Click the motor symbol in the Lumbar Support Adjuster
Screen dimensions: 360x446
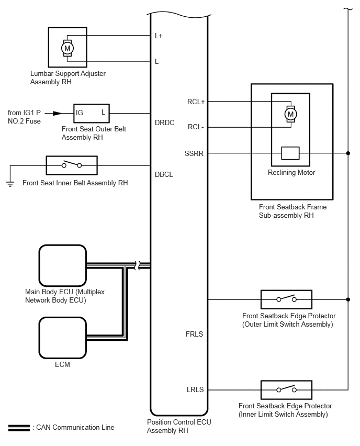(x=67, y=48)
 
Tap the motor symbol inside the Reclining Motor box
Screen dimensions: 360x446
(x=290, y=114)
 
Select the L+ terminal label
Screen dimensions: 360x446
(x=159, y=36)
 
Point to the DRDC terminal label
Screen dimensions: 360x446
(x=165, y=122)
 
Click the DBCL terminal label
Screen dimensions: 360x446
(x=164, y=174)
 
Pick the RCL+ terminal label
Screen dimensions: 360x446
(x=196, y=102)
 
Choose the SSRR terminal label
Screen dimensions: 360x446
(x=194, y=153)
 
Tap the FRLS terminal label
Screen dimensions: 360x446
(x=194, y=334)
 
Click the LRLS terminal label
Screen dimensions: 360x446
(x=195, y=389)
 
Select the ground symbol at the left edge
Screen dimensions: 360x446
(x=10, y=184)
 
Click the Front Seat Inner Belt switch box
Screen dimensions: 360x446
(x=72, y=165)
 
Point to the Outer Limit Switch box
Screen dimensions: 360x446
(x=286, y=299)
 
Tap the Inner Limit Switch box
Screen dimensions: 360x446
(x=286, y=390)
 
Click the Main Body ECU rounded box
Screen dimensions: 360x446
(x=63, y=265)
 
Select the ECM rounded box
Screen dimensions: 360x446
(x=63, y=338)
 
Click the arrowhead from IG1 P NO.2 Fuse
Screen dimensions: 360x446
(x=58, y=114)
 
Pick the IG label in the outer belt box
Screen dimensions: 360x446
(x=80, y=113)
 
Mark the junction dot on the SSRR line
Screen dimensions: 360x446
(x=348, y=153)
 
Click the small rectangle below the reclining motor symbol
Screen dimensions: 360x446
(x=290, y=153)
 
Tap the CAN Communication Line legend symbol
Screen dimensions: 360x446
(x=19, y=428)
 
